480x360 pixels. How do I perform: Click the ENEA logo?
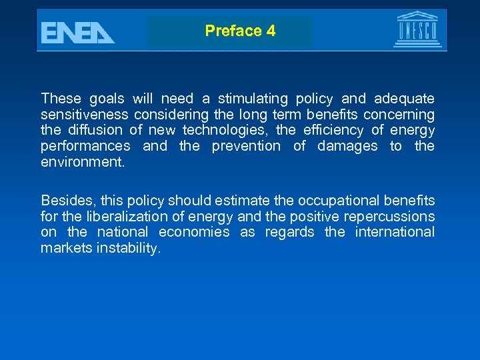[77, 32]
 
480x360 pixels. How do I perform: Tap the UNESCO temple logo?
[417, 29]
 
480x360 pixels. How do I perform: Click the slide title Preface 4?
[240, 31]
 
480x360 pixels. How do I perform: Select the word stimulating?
[251, 99]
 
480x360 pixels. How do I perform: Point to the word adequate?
[403, 99]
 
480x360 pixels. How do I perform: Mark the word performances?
[85, 146]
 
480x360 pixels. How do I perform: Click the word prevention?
[246, 146]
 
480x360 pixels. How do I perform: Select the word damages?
[347, 146]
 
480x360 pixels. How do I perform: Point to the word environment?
[82, 162]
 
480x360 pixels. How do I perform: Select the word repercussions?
[389, 216]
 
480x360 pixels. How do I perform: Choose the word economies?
[194, 232]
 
